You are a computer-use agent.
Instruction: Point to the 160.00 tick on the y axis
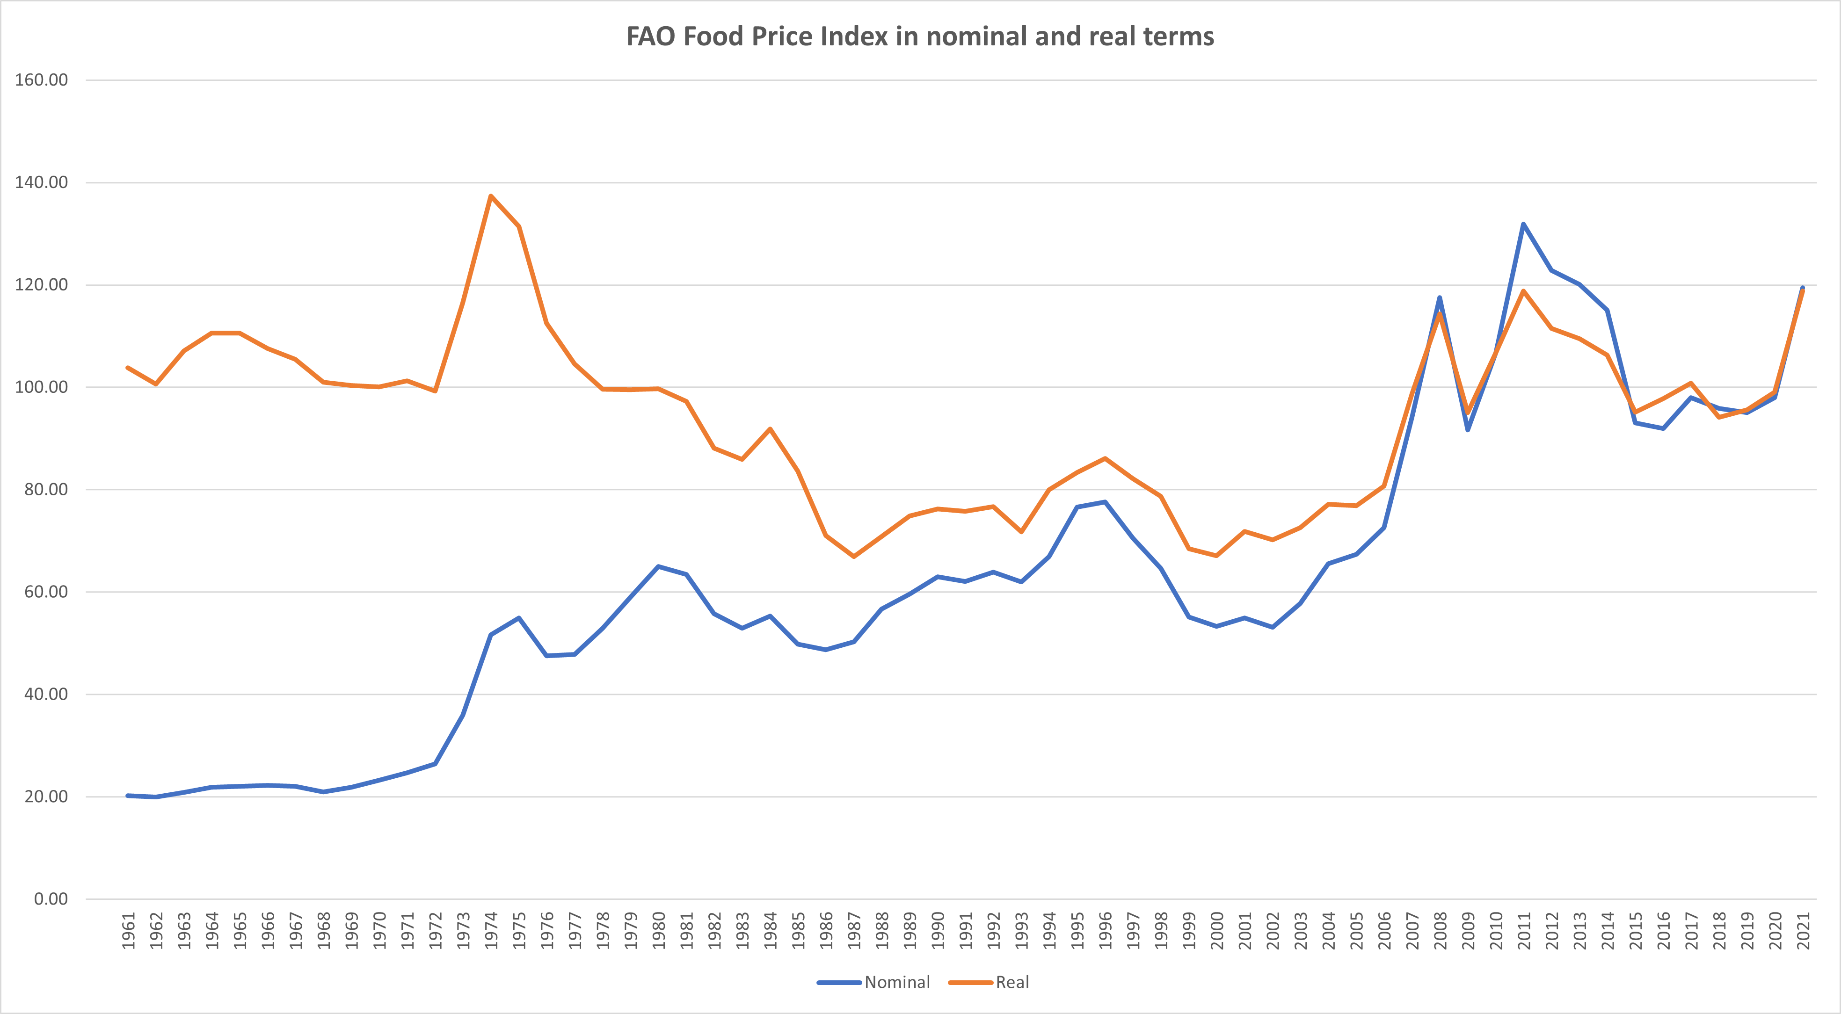point(42,80)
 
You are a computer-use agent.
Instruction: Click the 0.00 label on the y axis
point(51,899)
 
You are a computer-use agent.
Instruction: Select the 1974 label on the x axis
point(491,930)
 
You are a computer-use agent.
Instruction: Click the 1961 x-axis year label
point(128,930)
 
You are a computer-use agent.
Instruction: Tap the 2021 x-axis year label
point(1803,930)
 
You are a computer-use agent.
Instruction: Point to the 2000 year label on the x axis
point(1217,930)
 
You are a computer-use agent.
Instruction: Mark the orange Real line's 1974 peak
point(491,196)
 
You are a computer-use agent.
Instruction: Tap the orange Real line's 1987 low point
point(854,557)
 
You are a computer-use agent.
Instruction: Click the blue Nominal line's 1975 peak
point(519,618)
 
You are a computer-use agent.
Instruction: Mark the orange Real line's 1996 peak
point(1105,458)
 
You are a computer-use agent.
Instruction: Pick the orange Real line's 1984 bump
point(770,429)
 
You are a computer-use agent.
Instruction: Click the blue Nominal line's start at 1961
point(128,795)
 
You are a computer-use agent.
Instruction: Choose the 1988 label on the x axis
point(882,930)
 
